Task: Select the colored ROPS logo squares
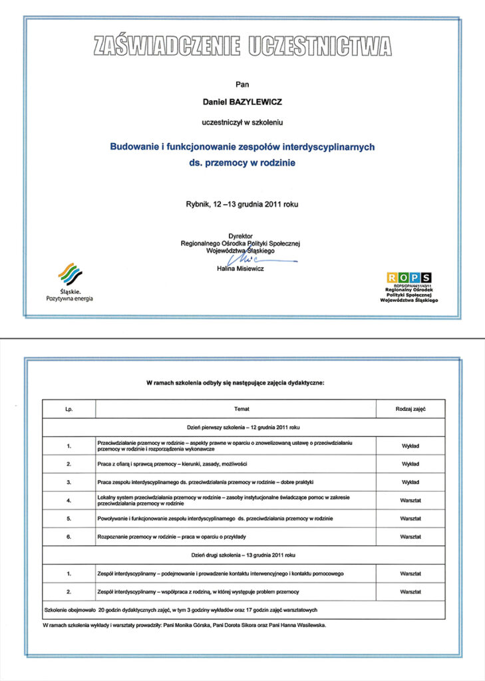(408, 277)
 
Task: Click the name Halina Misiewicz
(242, 269)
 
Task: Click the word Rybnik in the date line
(198, 204)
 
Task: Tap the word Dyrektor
(242, 236)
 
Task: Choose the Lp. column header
(69, 408)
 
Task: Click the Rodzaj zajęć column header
(410, 408)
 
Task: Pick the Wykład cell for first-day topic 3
(410, 481)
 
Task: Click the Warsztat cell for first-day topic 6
(410, 536)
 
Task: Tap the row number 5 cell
(69, 518)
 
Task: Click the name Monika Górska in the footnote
(190, 626)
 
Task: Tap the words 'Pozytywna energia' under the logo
(70, 299)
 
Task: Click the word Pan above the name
(242, 84)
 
